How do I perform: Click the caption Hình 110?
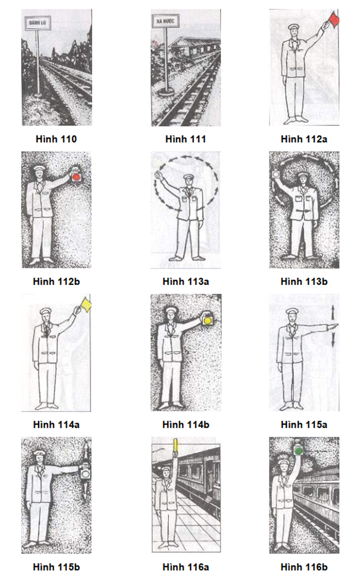(x=56, y=139)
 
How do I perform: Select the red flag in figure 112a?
(x=333, y=19)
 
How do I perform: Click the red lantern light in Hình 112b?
(x=76, y=177)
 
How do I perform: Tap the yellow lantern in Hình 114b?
(x=207, y=319)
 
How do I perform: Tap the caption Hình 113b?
(x=304, y=282)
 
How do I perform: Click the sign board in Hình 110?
(x=37, y=23)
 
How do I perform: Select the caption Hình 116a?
(x=185, y=567)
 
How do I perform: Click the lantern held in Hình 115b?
(x=85, y=474)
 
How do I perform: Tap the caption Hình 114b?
(x=185, y=425)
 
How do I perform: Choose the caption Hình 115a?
(x=304, y=425)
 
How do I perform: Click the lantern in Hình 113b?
(x=276, y=174)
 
